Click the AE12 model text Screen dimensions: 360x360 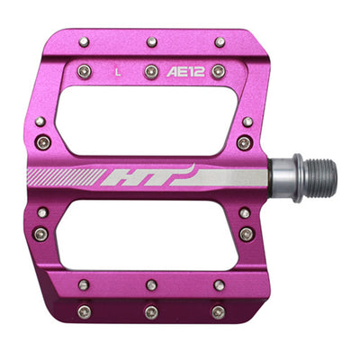point(185,72)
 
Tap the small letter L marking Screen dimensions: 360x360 point(118,73)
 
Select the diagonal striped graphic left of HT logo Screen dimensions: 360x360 point(66,177)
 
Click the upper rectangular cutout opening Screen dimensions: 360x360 point(147,121)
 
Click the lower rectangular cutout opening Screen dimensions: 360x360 point(147,235)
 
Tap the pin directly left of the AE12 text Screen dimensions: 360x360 point(151,72)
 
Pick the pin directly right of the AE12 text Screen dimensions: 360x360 point(219,71)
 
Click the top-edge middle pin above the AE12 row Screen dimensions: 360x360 point(152,41)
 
